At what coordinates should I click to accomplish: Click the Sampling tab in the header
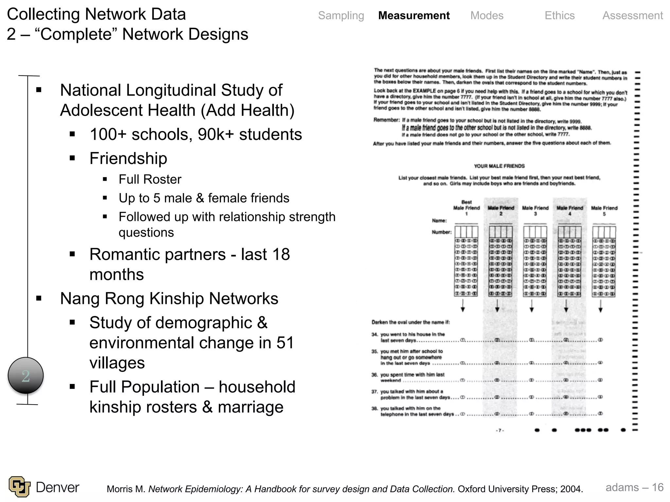coord(341,15)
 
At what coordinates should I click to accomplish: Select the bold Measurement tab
coord(414,15)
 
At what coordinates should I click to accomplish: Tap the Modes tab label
coord(487,15)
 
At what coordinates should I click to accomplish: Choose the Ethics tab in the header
coord(559,15)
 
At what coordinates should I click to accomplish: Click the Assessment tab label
coord(632,15)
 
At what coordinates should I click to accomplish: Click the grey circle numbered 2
coord(26,376)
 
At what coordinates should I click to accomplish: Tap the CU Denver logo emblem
coord(19,487)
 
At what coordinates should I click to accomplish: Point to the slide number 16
coord(658,487)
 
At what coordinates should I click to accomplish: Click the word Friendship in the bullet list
coord(128,158)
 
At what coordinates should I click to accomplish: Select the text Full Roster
coord(150,179)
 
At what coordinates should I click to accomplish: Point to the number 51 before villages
coord(285,343)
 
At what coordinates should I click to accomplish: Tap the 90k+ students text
coord(250,134)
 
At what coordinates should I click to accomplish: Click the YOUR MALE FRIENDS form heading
coord(499,166)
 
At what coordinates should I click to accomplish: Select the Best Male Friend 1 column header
coord(466,208)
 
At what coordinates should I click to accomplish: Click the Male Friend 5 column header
coord(604,210)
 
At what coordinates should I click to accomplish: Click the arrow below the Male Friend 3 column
coord(532,306)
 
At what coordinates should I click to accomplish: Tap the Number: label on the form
coord(441,232)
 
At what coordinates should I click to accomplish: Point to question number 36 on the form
coord(374,375)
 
